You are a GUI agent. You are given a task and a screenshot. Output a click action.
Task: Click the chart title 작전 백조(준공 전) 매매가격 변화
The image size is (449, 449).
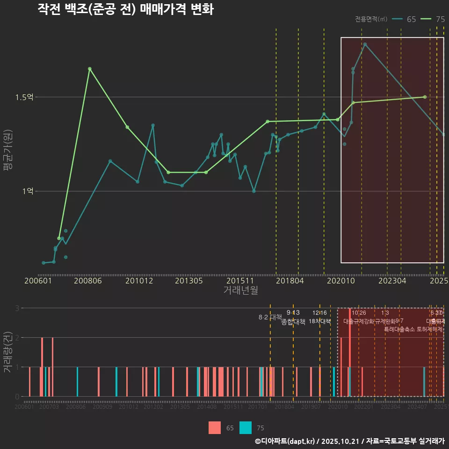[125, 9]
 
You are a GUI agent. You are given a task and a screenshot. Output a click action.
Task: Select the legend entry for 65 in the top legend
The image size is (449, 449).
[405, 19]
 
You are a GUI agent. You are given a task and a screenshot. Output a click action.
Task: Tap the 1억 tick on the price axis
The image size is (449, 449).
[27, 191]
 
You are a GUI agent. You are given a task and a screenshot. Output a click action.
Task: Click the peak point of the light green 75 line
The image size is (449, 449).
[90, 69]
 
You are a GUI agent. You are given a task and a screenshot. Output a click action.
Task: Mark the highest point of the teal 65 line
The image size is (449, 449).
[365, 44]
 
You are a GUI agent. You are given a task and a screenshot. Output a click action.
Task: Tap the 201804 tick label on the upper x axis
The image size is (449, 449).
[290, 281]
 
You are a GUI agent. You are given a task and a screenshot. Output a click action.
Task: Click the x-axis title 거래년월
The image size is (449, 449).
[240, 290]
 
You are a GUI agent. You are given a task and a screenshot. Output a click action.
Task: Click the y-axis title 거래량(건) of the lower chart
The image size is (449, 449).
[8, 352]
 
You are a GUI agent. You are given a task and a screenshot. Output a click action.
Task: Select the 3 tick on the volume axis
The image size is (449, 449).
[17, 308]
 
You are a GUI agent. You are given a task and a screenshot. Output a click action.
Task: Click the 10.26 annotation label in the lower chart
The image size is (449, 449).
[359, 313]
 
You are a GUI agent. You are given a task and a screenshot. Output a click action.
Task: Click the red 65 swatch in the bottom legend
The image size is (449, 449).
[215, 427]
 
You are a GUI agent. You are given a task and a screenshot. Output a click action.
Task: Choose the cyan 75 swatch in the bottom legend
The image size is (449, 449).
[246, 427]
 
